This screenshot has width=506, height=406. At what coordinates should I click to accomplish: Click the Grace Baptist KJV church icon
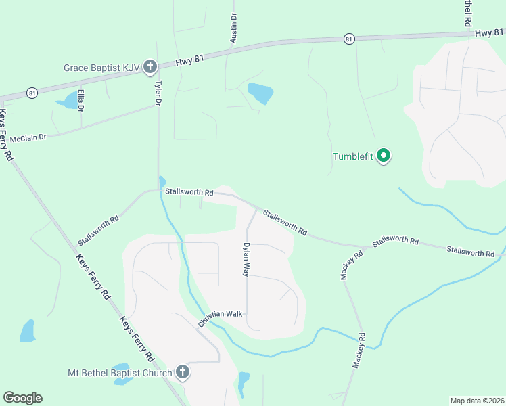pos(150,67)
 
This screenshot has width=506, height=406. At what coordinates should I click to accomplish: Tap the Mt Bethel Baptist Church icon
pos(182,372)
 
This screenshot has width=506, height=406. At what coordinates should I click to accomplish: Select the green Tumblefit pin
pos(384,157)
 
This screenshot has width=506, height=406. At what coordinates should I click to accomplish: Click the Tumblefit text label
pos(352,157)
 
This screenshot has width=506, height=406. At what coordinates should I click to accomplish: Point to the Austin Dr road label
pos(233,28)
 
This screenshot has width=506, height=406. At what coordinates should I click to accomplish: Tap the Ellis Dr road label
pos(80,100)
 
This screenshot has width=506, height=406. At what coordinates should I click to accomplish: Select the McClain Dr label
pos(32,137)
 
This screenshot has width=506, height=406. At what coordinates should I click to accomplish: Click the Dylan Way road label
pos(247,259)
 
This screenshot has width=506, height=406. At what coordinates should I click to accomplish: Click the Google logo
pos(22,398)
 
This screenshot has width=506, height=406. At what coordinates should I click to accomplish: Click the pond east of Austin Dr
pos(260,93)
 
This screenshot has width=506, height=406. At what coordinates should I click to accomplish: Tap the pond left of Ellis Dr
pos(67,102)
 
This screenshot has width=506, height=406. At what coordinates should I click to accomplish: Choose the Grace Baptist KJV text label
pos(101,68)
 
